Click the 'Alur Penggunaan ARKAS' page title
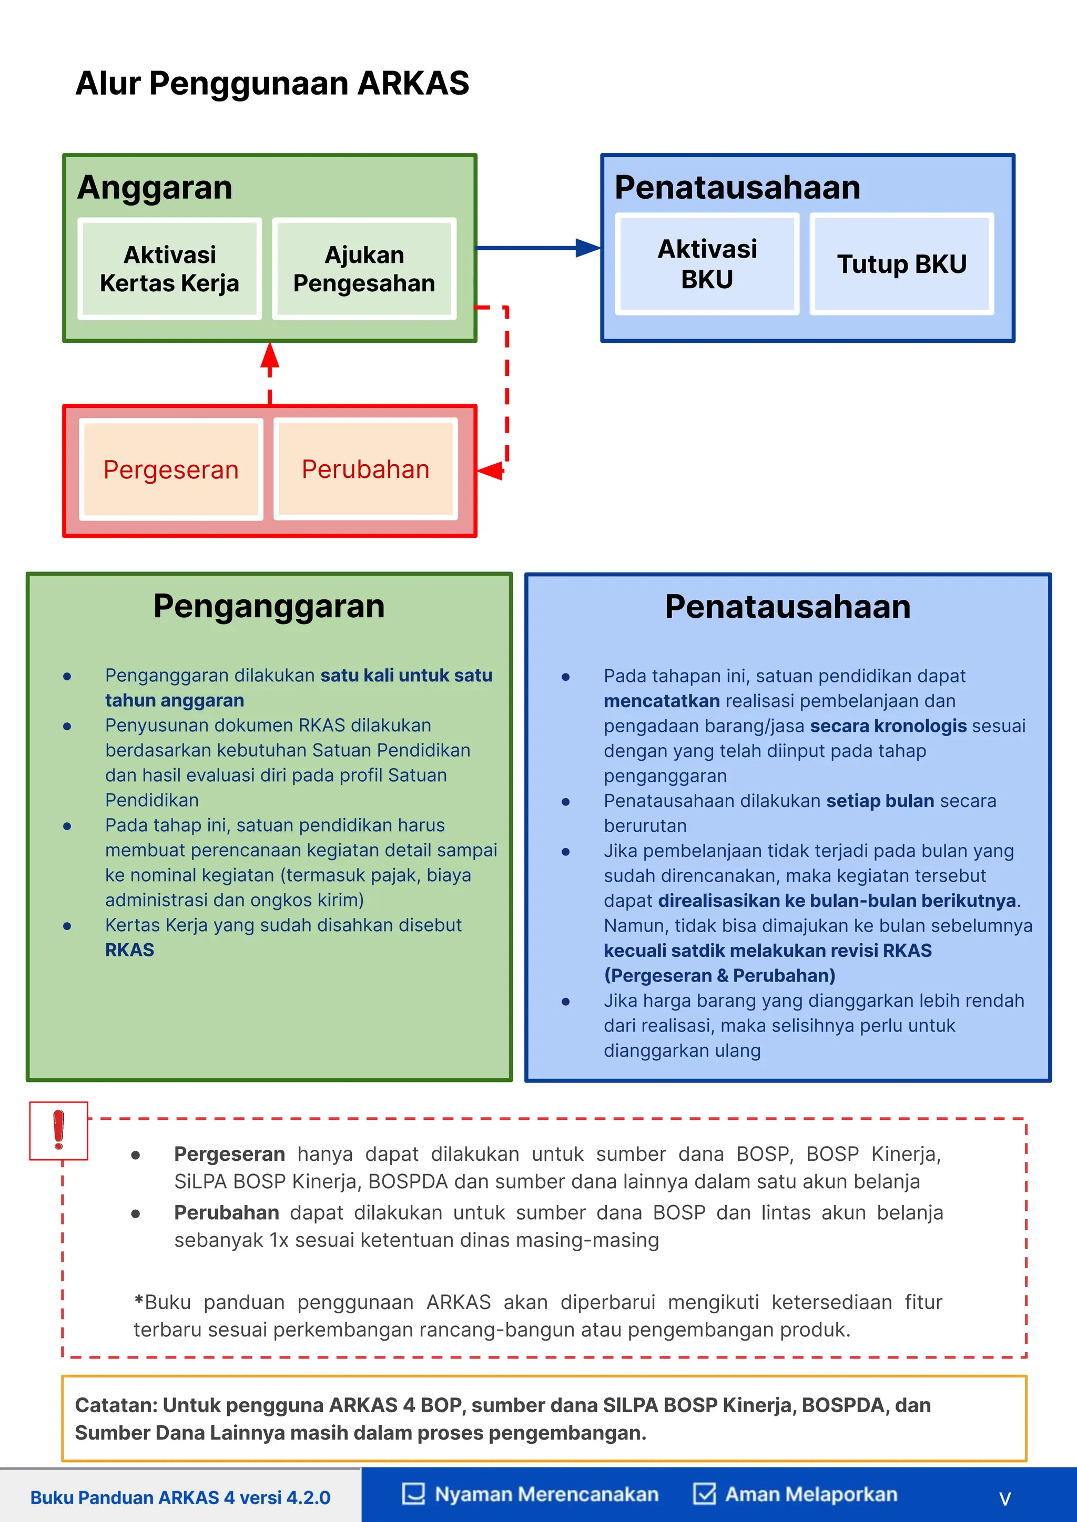point(272,84)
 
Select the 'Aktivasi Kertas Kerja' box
point(169,269)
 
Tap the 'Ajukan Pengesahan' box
point(364,269)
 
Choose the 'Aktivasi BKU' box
point(707,264)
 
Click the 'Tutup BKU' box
point(901,264)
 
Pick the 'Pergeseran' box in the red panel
point(170,469)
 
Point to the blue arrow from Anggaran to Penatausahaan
point(537,248)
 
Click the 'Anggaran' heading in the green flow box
point(155,187)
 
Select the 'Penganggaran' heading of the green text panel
point(269,606)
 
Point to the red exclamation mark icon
point(58,1130)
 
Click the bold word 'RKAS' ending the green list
point(129,950)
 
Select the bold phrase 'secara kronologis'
point(888,726)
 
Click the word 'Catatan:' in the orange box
point(116,1405)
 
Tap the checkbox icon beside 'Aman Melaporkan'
point(704,1494)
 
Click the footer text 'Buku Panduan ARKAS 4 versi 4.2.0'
point(180,1497)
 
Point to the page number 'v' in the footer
point(1005,1498)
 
